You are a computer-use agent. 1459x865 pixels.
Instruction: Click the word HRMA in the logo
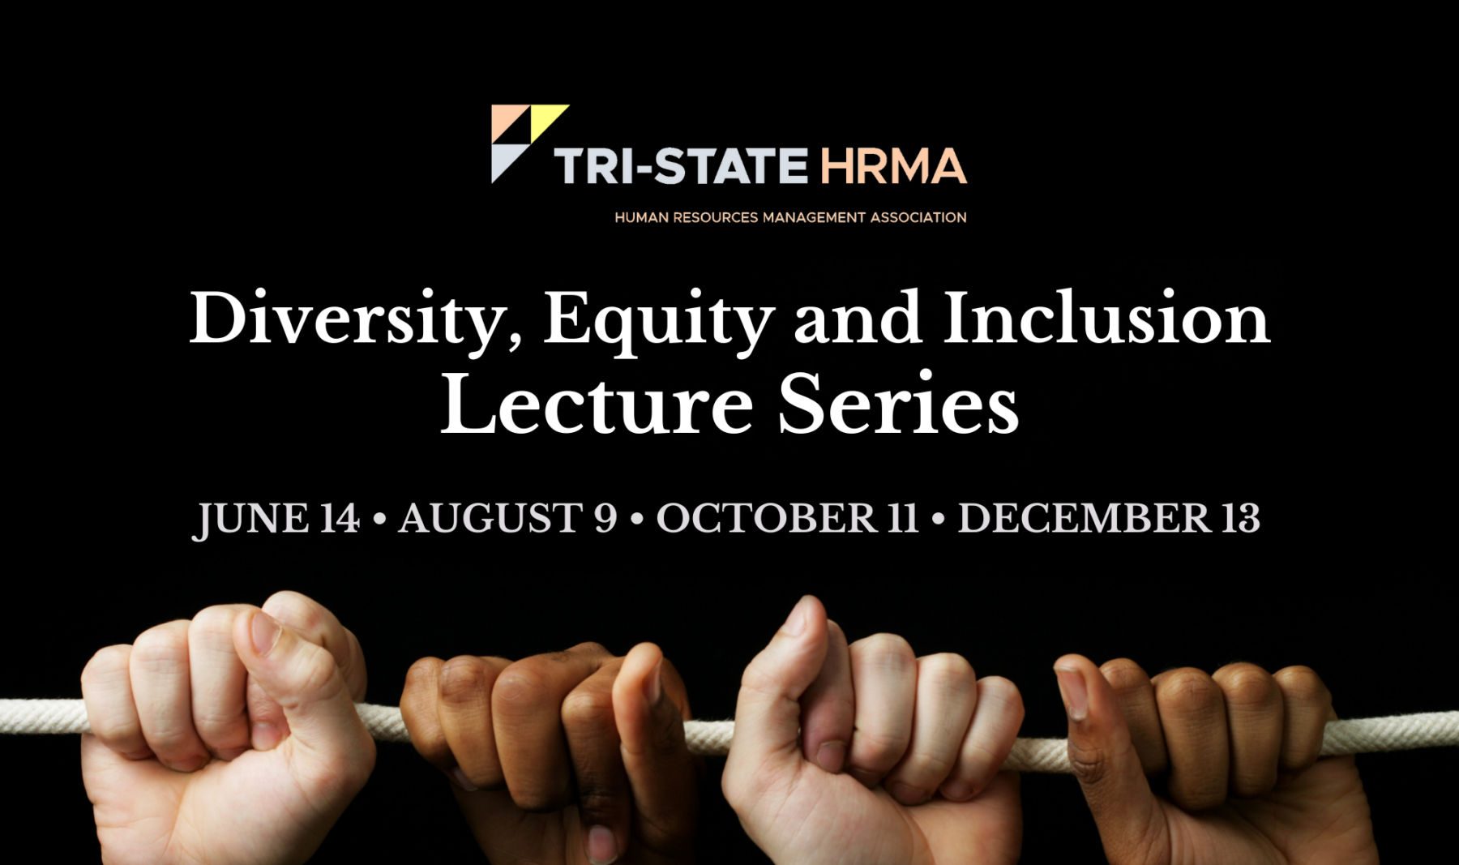click(x=893, y=166)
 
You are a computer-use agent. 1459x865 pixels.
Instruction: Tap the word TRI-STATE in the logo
click(x=681, y=166)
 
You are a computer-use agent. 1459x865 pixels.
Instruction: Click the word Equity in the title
click(x=658, y=321)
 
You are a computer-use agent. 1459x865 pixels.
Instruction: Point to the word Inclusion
click(x=1106, y=318)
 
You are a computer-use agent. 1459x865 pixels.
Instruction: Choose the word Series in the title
click(x=898, y=403)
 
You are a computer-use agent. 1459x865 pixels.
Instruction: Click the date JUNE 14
click(x=276, y=519)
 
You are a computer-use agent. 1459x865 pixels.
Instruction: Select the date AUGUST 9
click(x=507, y=518)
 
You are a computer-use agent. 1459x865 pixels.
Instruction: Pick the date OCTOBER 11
click(x=787, y=518)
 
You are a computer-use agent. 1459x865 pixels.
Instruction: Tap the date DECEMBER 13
click(x=1109, y=518)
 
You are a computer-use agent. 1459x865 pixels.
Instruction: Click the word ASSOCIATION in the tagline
click(x=918, y=217)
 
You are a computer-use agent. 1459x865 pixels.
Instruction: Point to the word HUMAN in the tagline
click(x=641, y=217)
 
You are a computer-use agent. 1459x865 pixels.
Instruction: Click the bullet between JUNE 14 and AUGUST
click(x=379, y=519)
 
